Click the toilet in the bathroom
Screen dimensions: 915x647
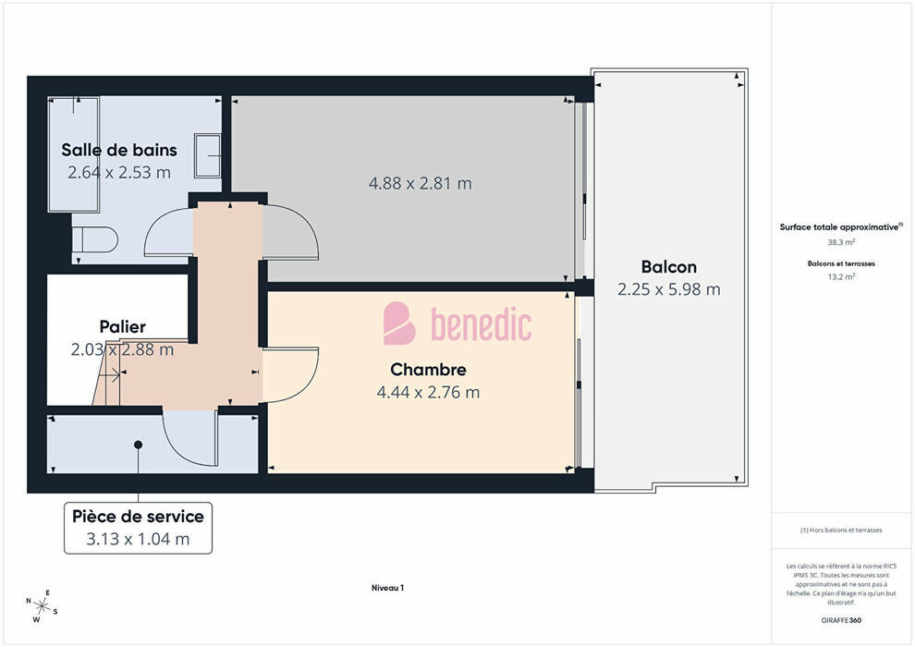tap(94, 239)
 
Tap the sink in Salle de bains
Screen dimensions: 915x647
tap(207, 156)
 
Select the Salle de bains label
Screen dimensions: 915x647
tap(119, 150)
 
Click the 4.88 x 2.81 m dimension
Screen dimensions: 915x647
tap(421, 183)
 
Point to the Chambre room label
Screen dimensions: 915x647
tap(428, 370)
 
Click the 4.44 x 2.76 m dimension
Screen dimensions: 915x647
tap(428, 392)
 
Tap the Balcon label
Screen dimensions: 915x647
tap(669, 266)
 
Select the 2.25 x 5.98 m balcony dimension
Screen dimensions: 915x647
tap(669, 289)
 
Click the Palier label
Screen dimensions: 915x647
tap(123, 326)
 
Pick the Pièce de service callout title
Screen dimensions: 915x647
tap(138, 517)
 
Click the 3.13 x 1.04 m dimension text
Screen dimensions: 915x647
tap(138, 539)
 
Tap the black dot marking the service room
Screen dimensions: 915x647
tap(139, 445)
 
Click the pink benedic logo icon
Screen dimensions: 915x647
tap(398, 323)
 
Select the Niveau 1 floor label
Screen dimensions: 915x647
tap(387, 588)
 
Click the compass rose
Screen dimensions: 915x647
tap(42, 606)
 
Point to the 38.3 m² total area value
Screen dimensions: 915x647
tap(841, 242)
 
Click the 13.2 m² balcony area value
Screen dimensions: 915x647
tap(841, 276)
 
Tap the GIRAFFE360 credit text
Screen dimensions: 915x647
tap(841, 620)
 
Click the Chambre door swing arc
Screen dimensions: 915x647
tap(308, 382)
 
